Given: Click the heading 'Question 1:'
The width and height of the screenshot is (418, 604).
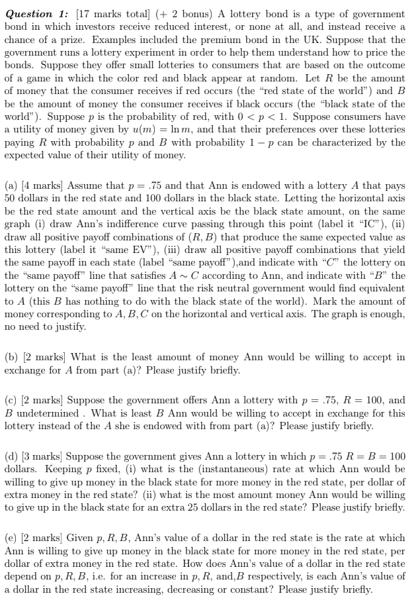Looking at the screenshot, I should point(37,14).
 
